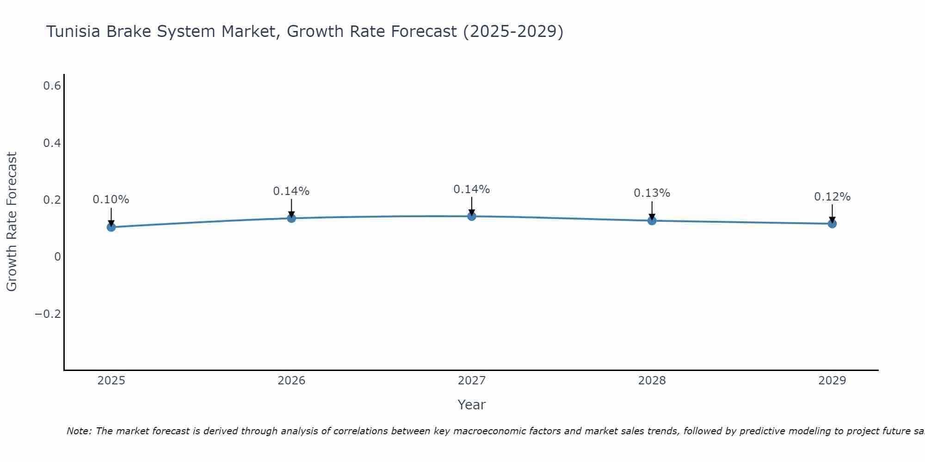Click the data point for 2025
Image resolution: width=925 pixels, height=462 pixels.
(x=111, y=227)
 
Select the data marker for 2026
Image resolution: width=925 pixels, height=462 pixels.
(x=291, y=218)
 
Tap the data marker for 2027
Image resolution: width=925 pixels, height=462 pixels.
(x=472, y=216)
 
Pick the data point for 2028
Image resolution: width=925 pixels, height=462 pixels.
(x=652, y=220)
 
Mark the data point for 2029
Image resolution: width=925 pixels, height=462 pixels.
(x=832, y=224)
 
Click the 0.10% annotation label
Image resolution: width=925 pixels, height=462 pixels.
(x=111, y=200)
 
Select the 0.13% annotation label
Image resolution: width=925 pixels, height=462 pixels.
(x=652, y=193)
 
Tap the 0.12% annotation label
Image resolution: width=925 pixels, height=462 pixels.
(x=832, y=197)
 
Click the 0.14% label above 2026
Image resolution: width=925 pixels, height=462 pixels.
(x=291, y=191)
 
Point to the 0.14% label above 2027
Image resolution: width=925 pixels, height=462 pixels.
(x=472, y=189)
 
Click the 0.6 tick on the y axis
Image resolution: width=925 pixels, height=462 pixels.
(x=52, y=86)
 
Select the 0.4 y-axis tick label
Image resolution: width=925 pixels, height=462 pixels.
(x=52, y=143)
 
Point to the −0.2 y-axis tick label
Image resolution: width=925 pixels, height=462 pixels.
(x=48, y=314)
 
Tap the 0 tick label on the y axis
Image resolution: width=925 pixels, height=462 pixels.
(x=57, y=257)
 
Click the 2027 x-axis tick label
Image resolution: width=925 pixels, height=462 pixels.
(x=472, y=381)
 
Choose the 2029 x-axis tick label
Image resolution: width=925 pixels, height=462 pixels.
(x=832, y=381)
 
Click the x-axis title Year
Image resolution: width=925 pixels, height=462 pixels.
(x=472, y=405)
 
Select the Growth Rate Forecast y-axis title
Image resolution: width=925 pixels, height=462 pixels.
(x=12, y=222)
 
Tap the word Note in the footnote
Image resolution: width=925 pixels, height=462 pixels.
(x=78, y=431)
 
